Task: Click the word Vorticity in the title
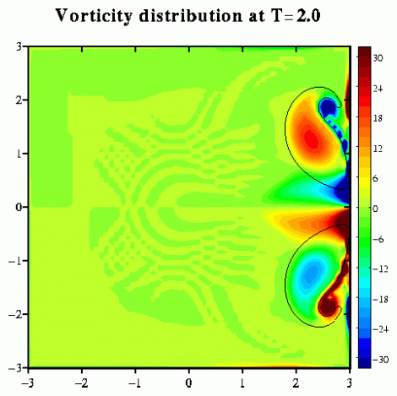[94, 16]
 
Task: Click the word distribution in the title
[190, 15]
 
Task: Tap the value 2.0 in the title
[308, 16]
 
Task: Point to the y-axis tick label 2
[19, 100]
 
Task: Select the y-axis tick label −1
[15, 261]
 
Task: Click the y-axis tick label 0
[19, 208]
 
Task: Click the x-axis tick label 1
[242, 383]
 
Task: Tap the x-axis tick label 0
[188, 383]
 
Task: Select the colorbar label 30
[378, 58]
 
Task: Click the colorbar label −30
[381, 360]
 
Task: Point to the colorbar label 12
[378, 149]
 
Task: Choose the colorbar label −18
[381, 299]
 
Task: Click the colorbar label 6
[376, 178]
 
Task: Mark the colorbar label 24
[378, 89]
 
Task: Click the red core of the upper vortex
[312, 139]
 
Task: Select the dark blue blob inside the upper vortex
[327, 107]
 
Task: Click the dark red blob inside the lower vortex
[328, 306]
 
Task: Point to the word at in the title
[257, 17]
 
